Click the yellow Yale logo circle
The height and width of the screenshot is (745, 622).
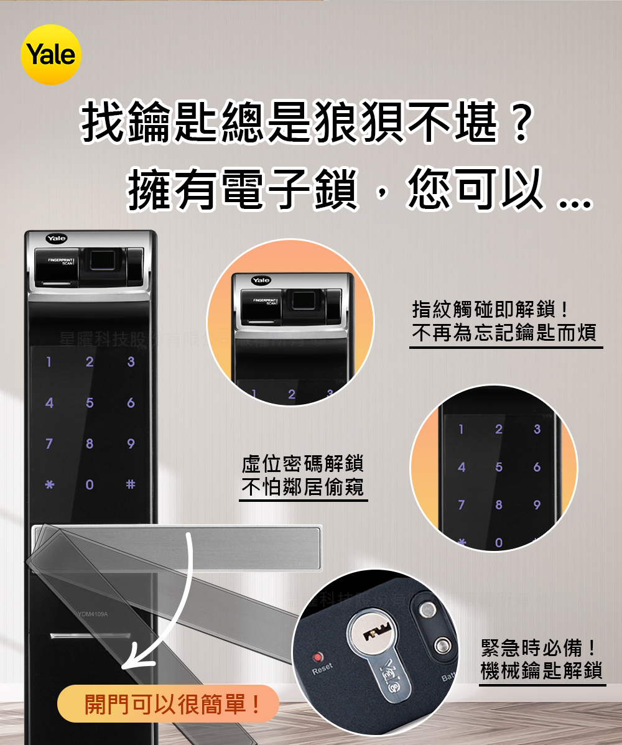[52, 55]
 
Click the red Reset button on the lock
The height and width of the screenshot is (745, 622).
[319, 657]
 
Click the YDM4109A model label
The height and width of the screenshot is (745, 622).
[93, 614]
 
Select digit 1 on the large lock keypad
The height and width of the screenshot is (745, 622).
[49, 361]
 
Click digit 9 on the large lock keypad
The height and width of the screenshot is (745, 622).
[130, 444]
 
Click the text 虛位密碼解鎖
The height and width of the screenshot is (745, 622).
[303, 464]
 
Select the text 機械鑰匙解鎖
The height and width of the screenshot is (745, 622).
[541, 671]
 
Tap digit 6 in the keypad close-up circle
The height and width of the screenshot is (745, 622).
[537, 467]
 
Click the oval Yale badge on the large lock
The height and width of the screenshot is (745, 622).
[56, 238]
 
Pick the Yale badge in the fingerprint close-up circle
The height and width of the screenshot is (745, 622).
[261, 280]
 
